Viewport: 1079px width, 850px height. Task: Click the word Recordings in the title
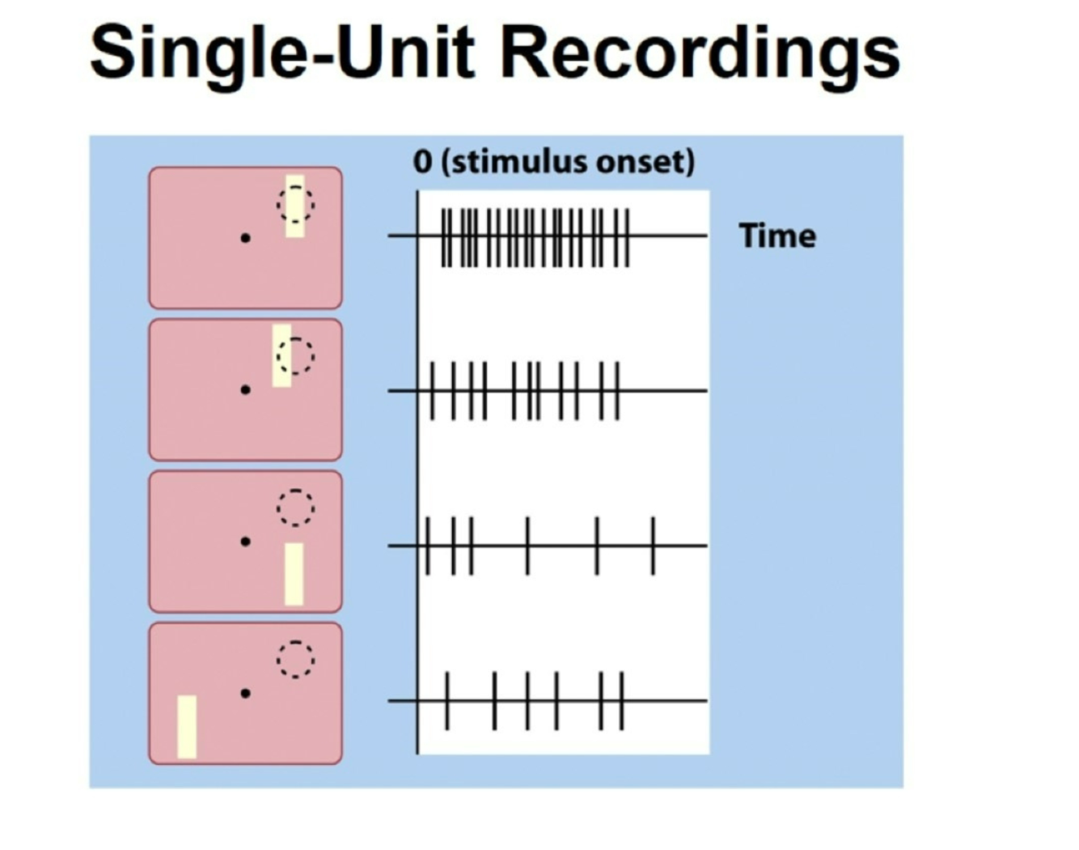(x=700, y=53)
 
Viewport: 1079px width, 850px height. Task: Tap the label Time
(x=777, y=236)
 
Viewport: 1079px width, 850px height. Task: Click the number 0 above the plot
(x=422, y=162)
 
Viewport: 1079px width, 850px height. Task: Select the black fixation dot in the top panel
(x=246, y=238)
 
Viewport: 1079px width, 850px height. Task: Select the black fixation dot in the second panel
(x=246, y=390)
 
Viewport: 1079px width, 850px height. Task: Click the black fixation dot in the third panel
(x=246, y=542)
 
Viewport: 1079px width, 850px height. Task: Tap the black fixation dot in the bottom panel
(x=246, y=694)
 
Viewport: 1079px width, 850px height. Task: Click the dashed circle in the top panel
(x=296, y=203)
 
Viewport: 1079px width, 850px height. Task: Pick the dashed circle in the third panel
(x=296, y=508)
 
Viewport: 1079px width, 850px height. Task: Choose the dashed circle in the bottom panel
(x=296, y=659)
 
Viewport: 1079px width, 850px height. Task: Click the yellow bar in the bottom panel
(x=187, y=726)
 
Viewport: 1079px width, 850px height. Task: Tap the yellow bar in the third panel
(x=294, y=574)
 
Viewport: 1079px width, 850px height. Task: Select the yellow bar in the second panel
(x=281, y=355)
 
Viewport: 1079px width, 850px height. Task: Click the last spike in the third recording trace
(x=654, y=546)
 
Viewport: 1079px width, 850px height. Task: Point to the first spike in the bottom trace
(x=447, y=701)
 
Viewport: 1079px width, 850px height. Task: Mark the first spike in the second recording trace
(x=432, y=391)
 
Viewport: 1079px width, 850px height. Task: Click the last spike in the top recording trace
(x=627, y=236)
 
